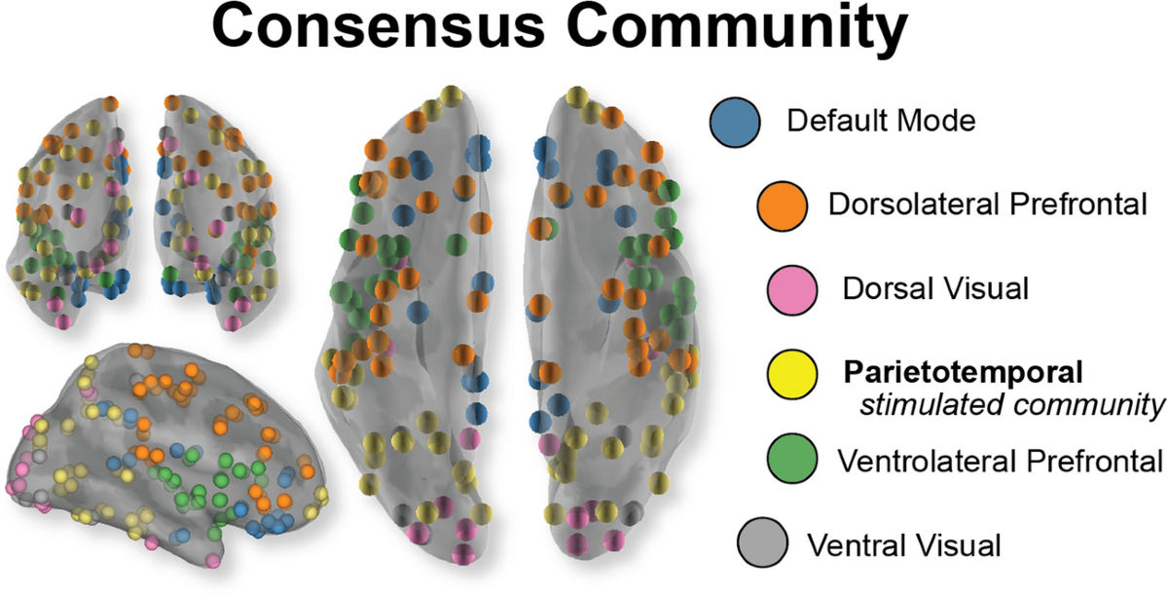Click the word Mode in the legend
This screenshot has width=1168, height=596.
click(933, 123)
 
